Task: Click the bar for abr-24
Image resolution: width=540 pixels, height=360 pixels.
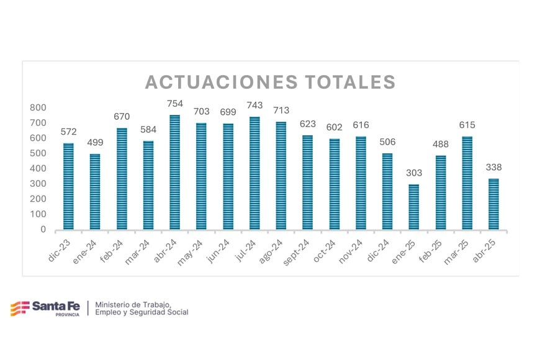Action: pyautogui.click(x=174, y=172)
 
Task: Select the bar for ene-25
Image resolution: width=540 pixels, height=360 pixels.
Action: pyautogui.click(x=413, y=207)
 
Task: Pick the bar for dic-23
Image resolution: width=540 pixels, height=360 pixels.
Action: pyautogui.click(x=68, y=186)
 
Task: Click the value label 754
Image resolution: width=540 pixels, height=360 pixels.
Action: pyautogui.click(x=174, y=104)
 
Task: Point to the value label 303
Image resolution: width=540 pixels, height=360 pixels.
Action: pyautogui.click(x=413, y=173)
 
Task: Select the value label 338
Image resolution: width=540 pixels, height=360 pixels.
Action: pyautogui.click(x=493, y=167)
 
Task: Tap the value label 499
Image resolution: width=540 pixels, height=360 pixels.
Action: pyautogui.click(x=95, y=142)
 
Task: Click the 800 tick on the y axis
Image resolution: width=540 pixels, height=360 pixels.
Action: pyautogui.click(x=38, y=108)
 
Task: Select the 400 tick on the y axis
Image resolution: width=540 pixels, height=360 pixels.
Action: pyautogui.click(x=38, y=169)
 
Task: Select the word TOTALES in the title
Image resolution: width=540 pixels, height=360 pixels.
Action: pyautogui.click(x=350, y=83)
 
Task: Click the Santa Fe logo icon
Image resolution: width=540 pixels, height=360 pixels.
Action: pyautogui.click(x=19, y=308)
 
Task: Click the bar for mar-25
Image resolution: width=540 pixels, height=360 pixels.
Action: pyautogui.click(x=467, y=183)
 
